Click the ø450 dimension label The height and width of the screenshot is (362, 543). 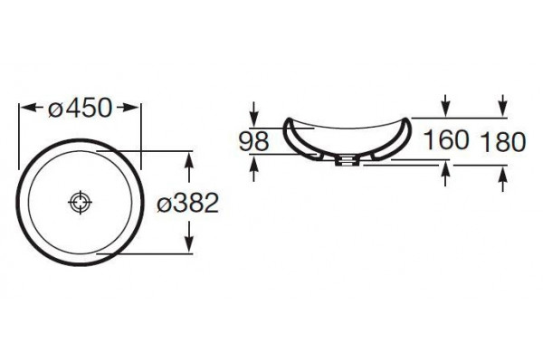coord(80,108)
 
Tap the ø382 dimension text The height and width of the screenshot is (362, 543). coord(187,203)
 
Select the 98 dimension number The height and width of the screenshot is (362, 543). coord(253,141)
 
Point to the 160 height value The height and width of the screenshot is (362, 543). coord(446,139)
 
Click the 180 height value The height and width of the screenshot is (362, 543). coord(502,142)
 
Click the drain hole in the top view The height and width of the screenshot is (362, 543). coord(80,202)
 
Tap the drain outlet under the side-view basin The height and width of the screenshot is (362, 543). coord(346,160)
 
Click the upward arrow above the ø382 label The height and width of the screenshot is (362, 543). coord(189,167)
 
